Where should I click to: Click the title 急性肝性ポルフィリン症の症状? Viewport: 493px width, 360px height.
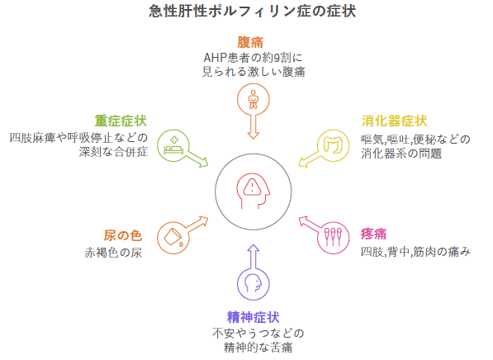tap(253, 12)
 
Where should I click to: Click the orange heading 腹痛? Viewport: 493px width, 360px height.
tap(250, 42)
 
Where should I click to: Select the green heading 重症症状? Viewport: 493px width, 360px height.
tap(121, 121)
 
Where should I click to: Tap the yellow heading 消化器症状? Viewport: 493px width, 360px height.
tap(394, 121)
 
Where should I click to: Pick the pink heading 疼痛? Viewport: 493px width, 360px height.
tap(374, 234)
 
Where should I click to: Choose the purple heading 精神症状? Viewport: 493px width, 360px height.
tap(253, 317)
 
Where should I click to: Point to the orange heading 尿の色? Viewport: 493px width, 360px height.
tap(123, 236)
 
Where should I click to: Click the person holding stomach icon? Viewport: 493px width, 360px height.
tap(253, 100)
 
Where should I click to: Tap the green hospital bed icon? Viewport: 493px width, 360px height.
tap(173, 145)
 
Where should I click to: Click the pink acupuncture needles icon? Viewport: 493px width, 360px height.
tap(334, 237)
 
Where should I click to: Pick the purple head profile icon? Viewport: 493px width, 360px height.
tap(254, 283)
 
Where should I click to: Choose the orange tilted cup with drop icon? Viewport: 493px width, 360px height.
tap(173, 238)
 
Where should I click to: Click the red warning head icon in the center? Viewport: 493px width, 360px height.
tap(253, 191)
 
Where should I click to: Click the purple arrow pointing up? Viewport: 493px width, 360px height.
tap(253, 257)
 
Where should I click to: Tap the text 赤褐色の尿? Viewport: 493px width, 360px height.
tap(113, 253)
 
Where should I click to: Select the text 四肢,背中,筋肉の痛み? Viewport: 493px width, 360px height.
tap(415, 252)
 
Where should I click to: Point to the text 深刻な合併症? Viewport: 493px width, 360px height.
tap(113, 152)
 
